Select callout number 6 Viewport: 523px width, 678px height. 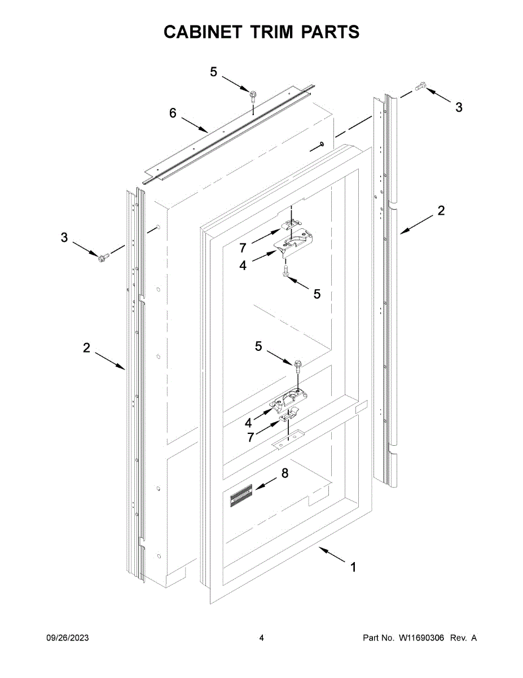(173, 113)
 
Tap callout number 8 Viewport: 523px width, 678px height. (284, 473)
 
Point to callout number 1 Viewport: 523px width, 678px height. (353, 567)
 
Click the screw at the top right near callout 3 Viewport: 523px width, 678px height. (419, 86)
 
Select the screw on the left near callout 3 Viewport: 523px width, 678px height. (103, 258)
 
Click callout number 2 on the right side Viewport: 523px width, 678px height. (441, 211)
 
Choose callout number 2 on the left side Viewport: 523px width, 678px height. (86, 348)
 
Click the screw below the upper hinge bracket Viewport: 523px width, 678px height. (287, 272)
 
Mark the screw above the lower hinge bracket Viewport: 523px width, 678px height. (295, 365)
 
